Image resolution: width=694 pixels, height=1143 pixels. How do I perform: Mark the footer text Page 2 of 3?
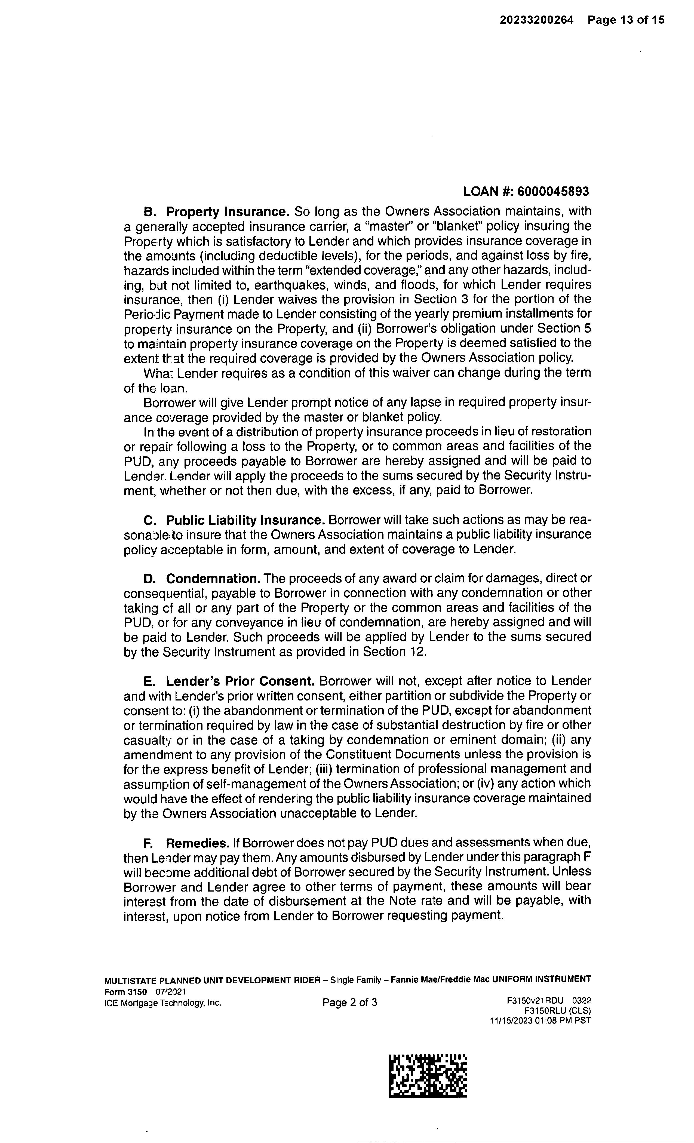pos(350,1003)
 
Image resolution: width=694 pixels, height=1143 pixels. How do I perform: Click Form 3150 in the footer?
pos(125,992)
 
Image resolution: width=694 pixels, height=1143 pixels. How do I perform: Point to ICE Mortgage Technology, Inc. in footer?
pos(163,1003)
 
